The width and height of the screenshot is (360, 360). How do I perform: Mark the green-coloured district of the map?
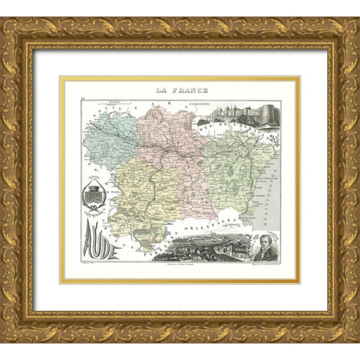pos(236,172)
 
